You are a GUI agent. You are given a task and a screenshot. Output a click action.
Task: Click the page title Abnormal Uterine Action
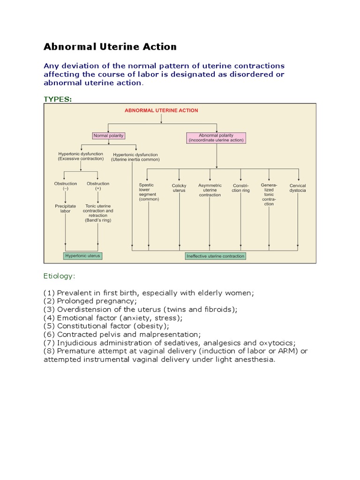(x=110, y=47)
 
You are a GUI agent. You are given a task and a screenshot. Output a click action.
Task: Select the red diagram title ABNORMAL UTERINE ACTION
(x=161, y=111)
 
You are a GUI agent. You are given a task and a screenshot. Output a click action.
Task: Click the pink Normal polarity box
(x=109, y=136)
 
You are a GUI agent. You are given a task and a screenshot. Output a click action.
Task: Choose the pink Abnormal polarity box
(x=216, y=138)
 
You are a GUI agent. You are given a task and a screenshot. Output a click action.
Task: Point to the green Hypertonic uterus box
(x=83, y=256)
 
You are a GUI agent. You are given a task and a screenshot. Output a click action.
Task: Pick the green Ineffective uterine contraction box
(x=216, y=256)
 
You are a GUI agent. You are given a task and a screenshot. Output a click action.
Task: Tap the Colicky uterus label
(x=179, y=188)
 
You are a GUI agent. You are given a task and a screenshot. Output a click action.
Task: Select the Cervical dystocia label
(x=298, y=188)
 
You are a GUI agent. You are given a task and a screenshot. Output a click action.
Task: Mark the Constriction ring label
(x=240, y=188)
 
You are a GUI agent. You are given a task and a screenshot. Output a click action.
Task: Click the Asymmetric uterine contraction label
(x=210, y=190)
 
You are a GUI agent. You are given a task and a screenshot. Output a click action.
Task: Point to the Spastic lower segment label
(x=149, y=192)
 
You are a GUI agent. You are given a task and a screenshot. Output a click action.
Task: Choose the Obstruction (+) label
(x=98, y=186)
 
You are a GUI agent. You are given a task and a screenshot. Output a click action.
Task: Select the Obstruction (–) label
(x=65, y=186)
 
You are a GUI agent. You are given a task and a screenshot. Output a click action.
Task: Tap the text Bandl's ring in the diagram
(x=98, y=220)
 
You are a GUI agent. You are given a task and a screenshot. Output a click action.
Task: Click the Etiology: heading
(x=59, y=277)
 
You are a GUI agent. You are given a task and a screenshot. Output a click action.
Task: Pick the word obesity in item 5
(x=150, y=326)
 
